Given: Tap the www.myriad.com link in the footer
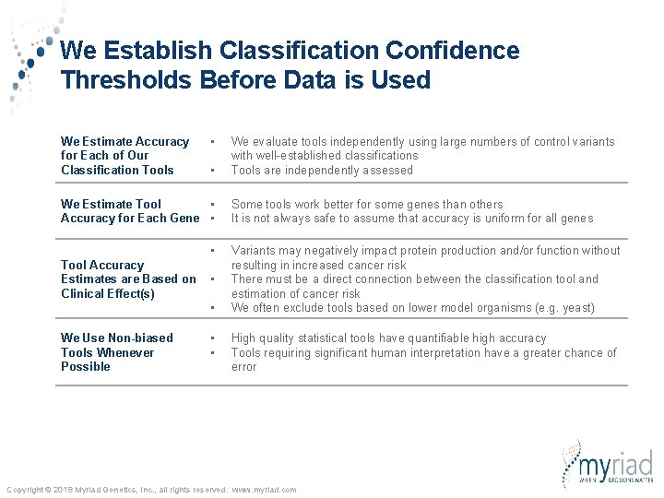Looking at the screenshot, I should pos(264,490).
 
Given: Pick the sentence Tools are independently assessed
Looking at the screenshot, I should pos(322,171).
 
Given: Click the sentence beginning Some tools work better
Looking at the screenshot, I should pos(367,205).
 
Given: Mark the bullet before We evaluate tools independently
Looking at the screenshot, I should pos(212,142).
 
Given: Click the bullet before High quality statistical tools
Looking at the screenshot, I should pos(212,338).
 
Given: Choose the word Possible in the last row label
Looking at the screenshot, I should pos(86,367).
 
